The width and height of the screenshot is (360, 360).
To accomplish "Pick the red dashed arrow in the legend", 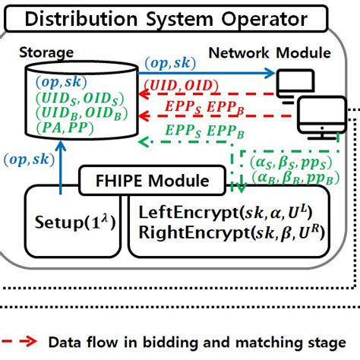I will point(21,342).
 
